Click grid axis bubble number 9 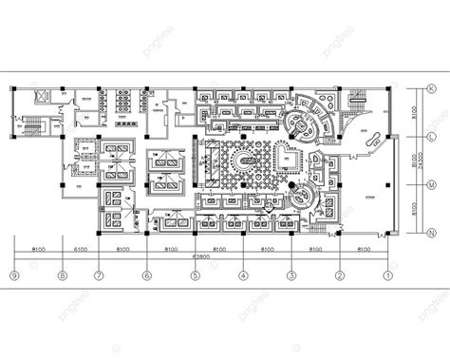[14, 276]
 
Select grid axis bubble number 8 [62, 276]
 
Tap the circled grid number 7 [98, 276]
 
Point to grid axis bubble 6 [146, 276]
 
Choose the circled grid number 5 [195, 276]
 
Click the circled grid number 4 [243, 276]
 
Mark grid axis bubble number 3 [291, 276]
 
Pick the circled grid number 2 [339, 276]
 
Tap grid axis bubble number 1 [387, 276]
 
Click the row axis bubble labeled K [432, 89]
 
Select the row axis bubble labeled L [432, 138]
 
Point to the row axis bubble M [432, 186]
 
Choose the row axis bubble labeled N [432, 234]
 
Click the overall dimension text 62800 [200, 256]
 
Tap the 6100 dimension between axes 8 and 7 [80, 248]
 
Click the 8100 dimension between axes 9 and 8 [38, 248]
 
